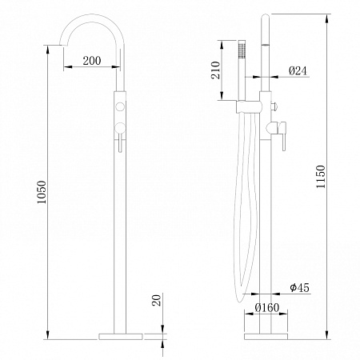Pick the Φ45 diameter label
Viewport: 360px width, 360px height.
coord(300,288)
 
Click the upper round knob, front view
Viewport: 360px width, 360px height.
coord(120,106)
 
